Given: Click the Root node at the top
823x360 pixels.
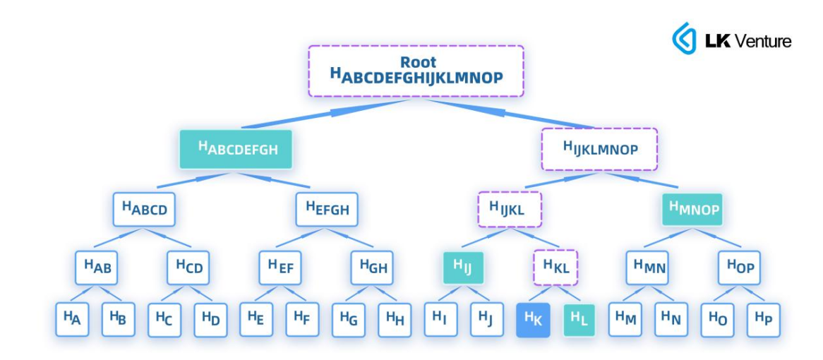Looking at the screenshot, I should coord(416,71).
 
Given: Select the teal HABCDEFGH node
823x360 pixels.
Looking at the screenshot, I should coord(236,149).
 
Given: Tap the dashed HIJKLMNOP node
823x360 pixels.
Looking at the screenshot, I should coord(599,149).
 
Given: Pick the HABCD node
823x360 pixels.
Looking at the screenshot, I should coord(144,209).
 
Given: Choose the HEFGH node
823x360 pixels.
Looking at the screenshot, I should coord(328,209).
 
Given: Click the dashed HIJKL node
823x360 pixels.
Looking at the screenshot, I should coord(509,209).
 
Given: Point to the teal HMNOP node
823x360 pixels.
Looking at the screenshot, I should coord(692,209).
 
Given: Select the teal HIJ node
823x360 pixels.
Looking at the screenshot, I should coord(463,268).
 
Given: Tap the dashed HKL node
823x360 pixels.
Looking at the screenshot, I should coord(555,268).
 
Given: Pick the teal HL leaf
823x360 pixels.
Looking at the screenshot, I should coord(578,319).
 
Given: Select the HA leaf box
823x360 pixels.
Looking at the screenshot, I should coord(73,319).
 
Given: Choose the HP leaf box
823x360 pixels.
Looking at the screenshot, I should coord(763,319).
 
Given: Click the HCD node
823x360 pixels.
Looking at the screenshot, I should coord(189,268).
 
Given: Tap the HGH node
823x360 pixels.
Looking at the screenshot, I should coord(373,268).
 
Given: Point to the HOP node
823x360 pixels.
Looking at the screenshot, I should coord(740,268).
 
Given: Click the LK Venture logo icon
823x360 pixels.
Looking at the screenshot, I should coord(683,39).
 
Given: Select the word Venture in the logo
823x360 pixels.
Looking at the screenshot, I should coord(763,41).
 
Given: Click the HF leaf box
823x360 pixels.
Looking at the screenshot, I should coord(303,319).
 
